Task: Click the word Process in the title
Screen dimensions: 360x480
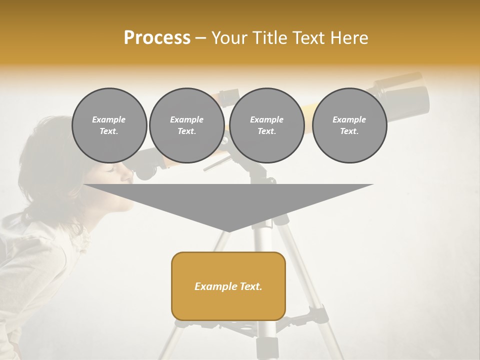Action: click(x=157, y=38)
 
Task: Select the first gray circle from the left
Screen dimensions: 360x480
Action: click(x=109, y=125)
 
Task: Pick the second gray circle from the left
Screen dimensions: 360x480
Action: click(x=186, y=125)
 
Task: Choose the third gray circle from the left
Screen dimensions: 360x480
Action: click(x=266, y=125)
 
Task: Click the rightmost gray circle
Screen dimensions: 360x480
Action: click(x=349, y=125)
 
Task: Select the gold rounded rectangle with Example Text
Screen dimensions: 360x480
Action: click(x=228, y=286)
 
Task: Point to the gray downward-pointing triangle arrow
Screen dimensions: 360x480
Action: click(x=228, y=202)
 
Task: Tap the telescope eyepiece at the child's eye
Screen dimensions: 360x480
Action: click(x=144, y=170)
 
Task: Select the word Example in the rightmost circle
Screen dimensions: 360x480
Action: click(x=349, y=119)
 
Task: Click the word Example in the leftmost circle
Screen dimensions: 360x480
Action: click(x=109, y=119)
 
